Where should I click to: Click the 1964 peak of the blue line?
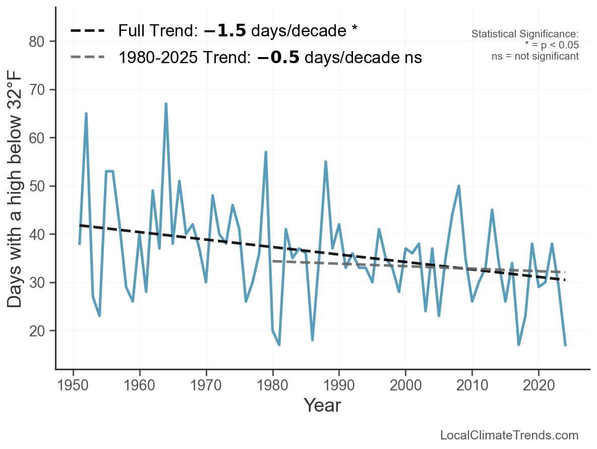(166, 104)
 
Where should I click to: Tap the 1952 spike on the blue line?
(86, 114)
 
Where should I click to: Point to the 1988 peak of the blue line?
(326, 162)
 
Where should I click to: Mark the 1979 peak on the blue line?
(266, 152)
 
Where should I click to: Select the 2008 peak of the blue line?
(459, 186)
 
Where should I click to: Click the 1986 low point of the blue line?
(313, 340)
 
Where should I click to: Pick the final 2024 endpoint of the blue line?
(566, 345)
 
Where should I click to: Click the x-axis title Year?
(322, 405)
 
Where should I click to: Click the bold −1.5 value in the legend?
(225, 31)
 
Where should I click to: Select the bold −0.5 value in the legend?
(278, 58)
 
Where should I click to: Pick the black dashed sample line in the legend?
(88, 31)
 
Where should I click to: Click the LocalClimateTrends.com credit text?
(509, 435)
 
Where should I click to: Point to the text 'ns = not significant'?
(535, 56)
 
